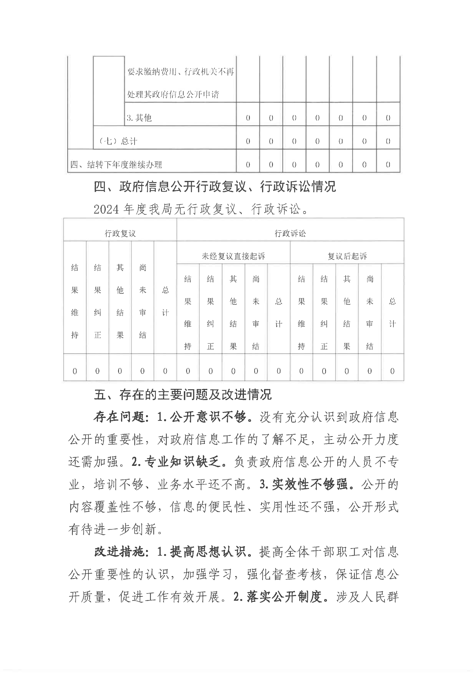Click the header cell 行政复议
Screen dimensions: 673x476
click(x=120, y=233)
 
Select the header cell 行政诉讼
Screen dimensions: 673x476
click(x=290, y=233)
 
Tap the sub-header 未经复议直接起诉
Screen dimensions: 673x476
click(x=233, y=256)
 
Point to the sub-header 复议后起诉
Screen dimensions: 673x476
click(x=347, y=256)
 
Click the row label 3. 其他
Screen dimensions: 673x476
click(x=139, y=118)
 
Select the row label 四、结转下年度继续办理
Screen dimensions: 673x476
click(x=116, y=165)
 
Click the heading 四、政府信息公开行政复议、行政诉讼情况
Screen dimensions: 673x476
click(x=215, y=187)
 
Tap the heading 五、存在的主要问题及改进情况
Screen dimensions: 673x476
click(x=183, y=395)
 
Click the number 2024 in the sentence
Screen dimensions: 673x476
click(x=106, y=209)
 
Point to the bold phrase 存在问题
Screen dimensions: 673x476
click(x=119, y=417)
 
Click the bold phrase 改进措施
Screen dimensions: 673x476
click(x=119, y=552)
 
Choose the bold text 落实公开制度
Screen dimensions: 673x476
click(x=284, y=597)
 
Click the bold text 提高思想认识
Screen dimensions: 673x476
click(x=208, y=552)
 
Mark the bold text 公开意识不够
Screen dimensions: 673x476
click(x=208, y=417)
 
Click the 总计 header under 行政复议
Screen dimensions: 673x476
click(x=165, y=301)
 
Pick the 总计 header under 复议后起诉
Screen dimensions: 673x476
click(x=392, y=312)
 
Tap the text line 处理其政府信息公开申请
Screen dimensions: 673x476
click(x=173, y=94)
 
